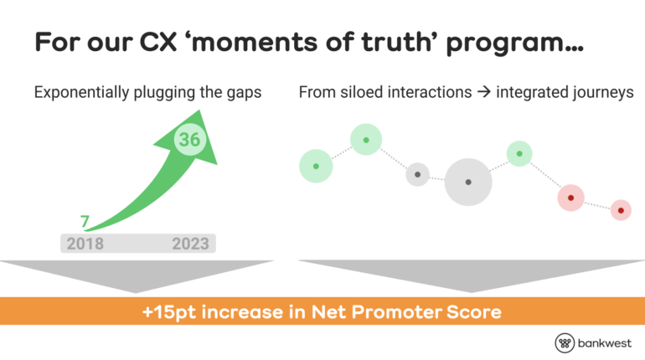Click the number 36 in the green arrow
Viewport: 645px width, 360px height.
[x=189, y=139]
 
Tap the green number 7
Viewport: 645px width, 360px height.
[x=85, y=222]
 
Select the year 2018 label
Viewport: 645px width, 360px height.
[x=85, y=244]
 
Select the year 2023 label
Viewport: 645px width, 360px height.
[x=190, y=244]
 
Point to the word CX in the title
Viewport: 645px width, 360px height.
[x=158, y=42]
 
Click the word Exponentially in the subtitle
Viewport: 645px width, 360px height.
[x=81, y=92]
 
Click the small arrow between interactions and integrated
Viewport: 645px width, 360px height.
[x=484, y=92]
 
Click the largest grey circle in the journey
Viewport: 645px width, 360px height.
[x=468, y=182]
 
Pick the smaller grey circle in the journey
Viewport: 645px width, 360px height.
[x=417, y=175]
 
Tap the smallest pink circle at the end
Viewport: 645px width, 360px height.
[x=622, y=210]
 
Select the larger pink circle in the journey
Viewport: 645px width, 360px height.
[x=571, y=198]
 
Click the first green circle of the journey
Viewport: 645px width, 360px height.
[x=316, y=166]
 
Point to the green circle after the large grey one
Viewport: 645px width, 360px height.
[x=519, y=154]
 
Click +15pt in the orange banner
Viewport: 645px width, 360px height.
[x=169, y=312]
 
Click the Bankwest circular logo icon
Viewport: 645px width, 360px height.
[x=565, y=343]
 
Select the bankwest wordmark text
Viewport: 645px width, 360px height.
[x=605, y=343]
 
